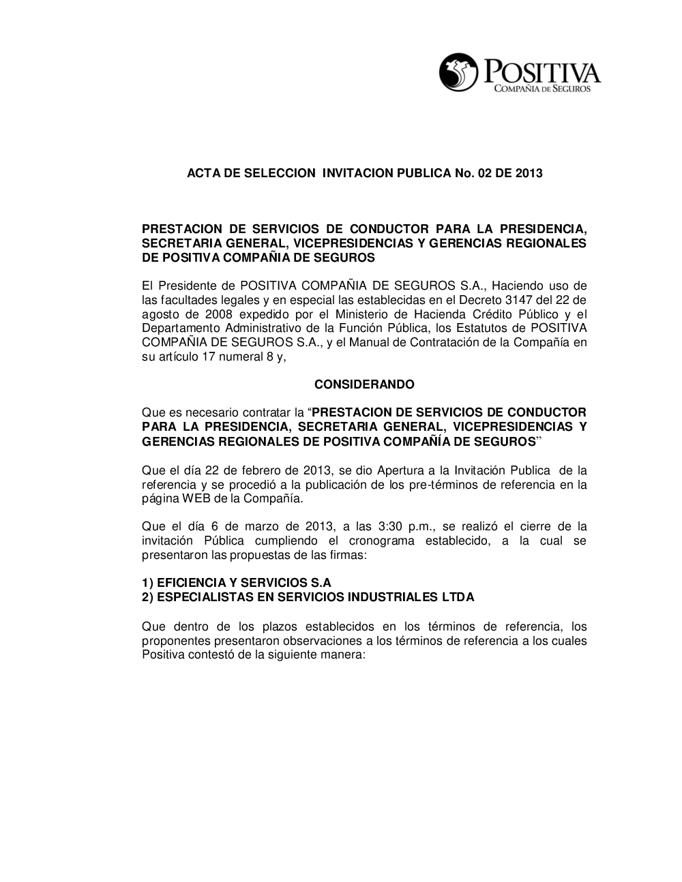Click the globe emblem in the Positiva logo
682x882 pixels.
459,72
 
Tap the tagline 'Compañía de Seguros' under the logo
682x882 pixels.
542,89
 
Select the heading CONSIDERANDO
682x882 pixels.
364,384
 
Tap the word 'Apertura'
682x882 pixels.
395,470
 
